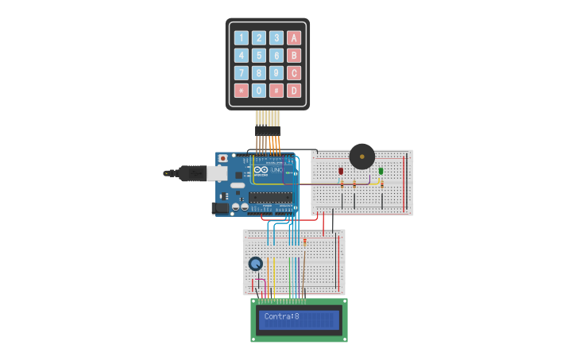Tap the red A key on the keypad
[294, 37]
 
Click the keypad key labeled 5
[259, 56]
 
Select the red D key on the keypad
[294, 91]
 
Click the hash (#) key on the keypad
[276, 91]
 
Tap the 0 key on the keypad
[259, 91]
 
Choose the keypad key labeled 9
[276, 73]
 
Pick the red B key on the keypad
[294, 56]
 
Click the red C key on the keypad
[294, 73]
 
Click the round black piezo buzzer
[362, 156]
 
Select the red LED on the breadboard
[341, 171]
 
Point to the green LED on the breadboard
[381, 171]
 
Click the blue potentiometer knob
[256, 264]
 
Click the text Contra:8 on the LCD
[282, 317]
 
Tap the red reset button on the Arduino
[222, 158]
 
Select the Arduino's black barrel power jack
[220, 208]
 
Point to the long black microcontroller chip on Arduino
[272, 198]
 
